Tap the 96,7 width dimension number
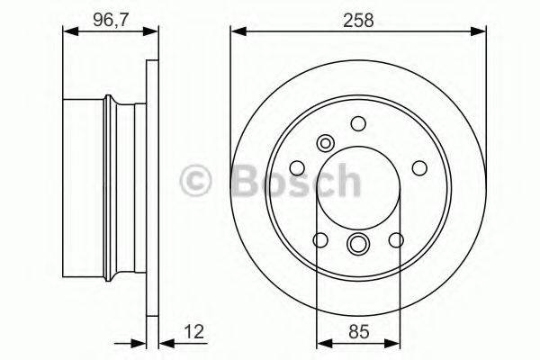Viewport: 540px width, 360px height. (107, 17)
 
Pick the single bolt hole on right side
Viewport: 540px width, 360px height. (418, 167)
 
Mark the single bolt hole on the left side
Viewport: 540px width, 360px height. (298, 167)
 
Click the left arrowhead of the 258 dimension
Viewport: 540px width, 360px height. (237, 33)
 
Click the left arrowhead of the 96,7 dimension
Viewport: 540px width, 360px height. (67, 33)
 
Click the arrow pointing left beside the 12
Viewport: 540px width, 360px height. (165, 342)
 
